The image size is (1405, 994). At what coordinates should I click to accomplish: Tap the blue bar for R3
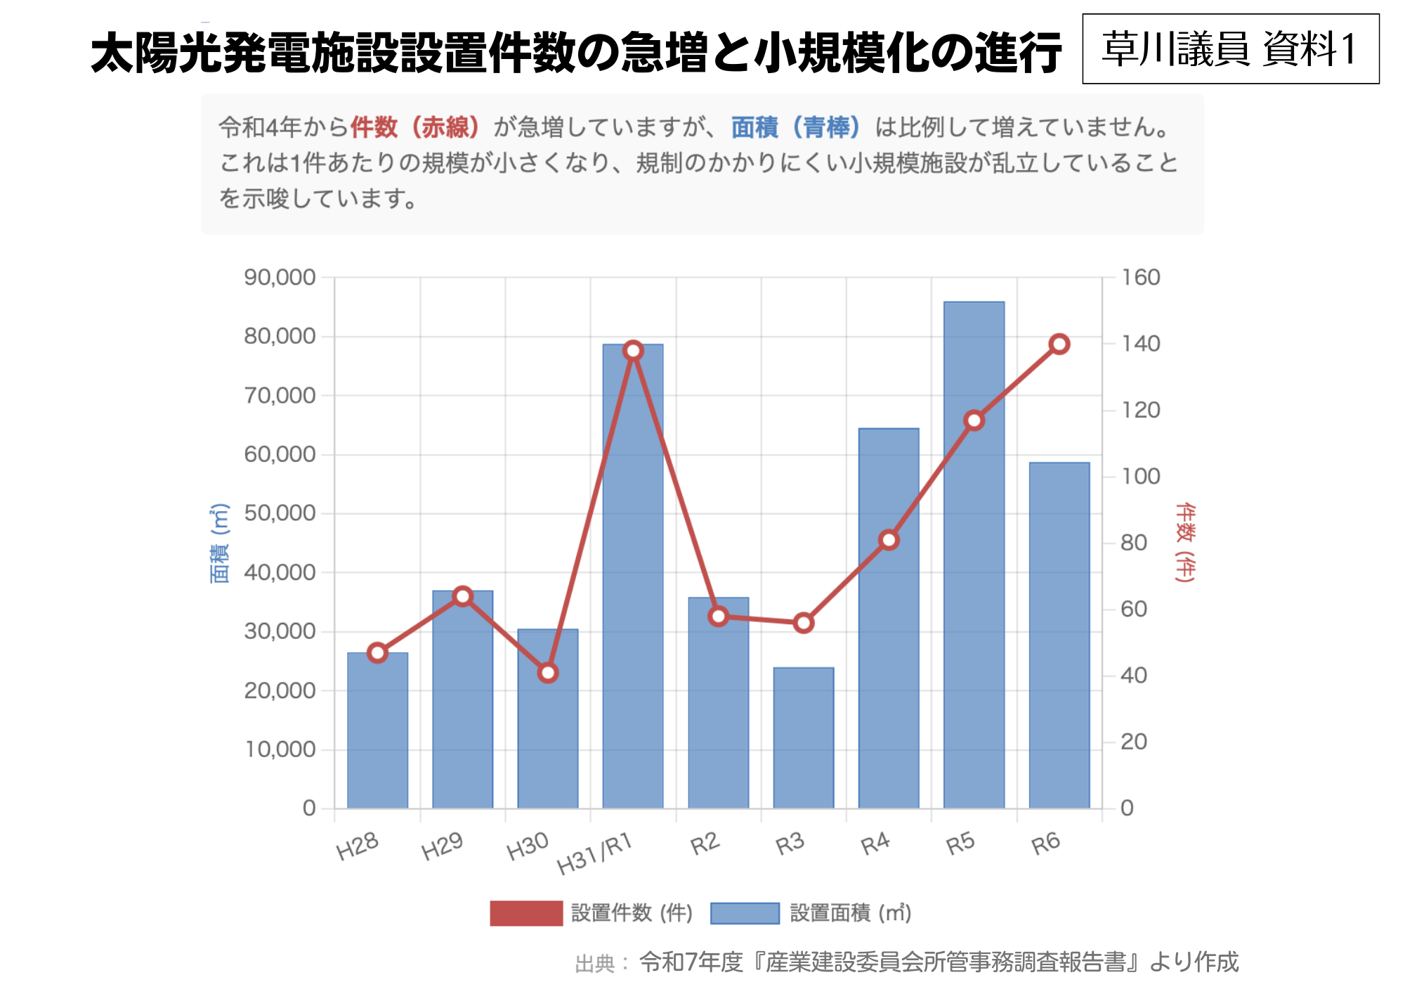coord(804,738)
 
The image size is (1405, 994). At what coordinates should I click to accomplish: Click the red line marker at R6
coord(1059,344)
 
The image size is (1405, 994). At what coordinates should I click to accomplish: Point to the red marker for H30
coord(548,673)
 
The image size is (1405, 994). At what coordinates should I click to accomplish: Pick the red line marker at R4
coord(889,540)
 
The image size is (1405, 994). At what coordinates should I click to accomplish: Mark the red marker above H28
coord(377,652)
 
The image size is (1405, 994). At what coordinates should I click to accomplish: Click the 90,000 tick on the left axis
coord(280,278)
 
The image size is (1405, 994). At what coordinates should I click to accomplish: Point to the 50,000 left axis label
coord(280,513)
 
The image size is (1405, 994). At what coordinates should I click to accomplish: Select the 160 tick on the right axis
coord(1140,278)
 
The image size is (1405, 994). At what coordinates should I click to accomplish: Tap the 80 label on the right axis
coord(1134,543)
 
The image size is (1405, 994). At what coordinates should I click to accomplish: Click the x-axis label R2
coord(705,844)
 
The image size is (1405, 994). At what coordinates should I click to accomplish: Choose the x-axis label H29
coord(442,846)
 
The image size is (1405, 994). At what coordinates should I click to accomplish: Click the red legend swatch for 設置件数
coord(526,913)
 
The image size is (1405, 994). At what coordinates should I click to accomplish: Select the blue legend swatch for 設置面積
coord(745,913)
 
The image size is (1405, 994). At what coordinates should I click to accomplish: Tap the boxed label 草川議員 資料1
coord(1230,49)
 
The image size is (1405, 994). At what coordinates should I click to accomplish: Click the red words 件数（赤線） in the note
coord(414,127)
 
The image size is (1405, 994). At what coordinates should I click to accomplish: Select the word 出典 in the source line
coord(595,963)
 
